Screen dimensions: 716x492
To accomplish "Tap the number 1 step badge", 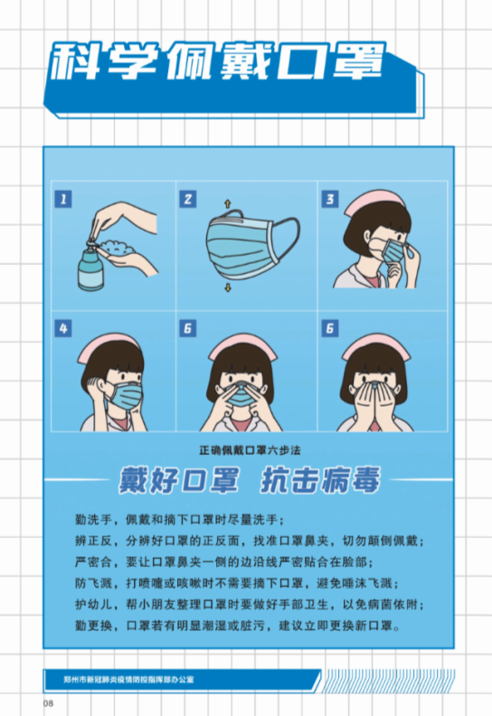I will coord(62,199).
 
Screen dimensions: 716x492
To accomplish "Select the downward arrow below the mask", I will coord(227,287).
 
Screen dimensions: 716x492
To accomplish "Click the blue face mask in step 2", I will coord(244,244).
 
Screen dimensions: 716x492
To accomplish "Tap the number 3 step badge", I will coord(331,199).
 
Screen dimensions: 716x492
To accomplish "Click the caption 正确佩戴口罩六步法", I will coord(245,448).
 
